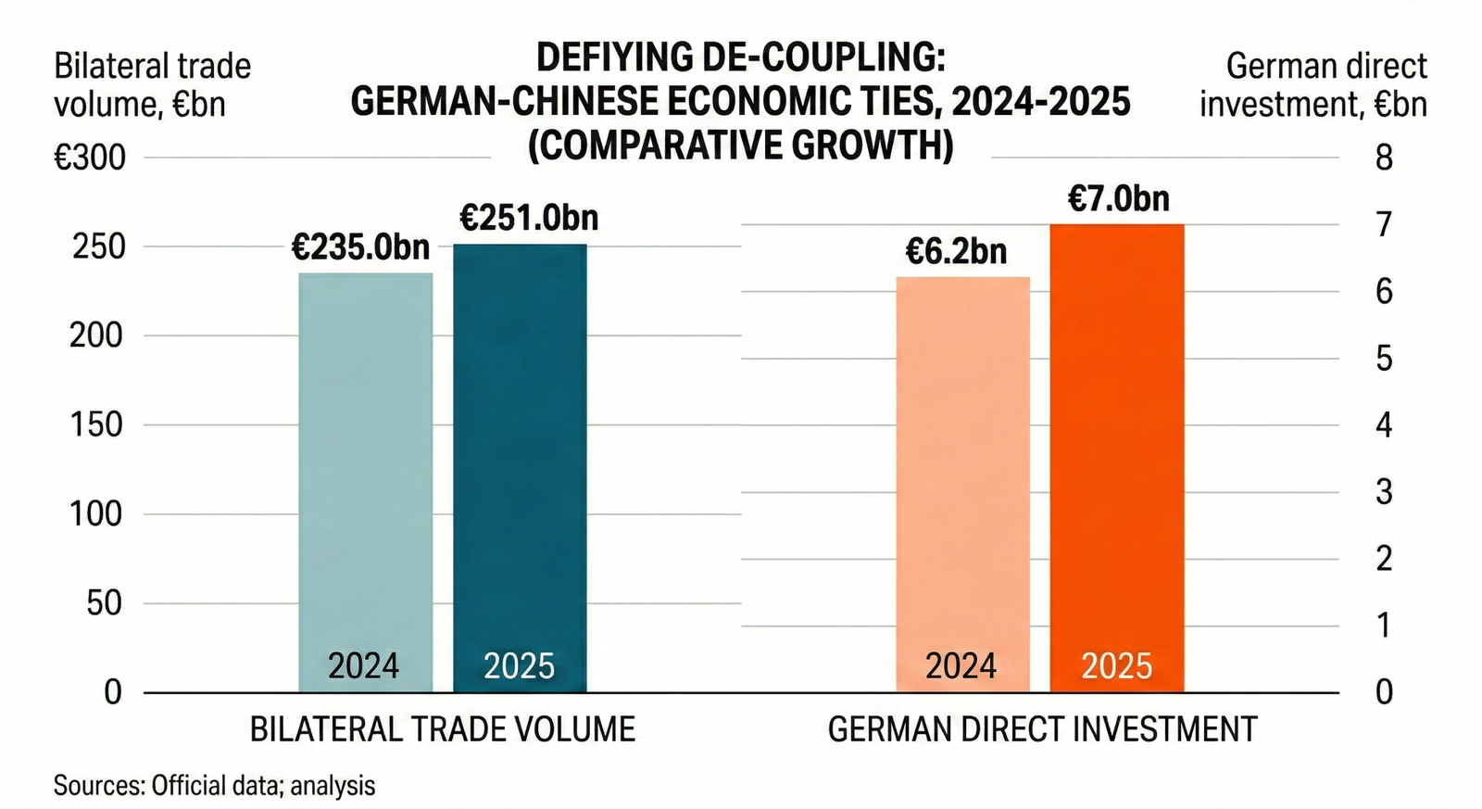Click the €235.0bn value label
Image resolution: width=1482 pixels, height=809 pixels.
[360, 247]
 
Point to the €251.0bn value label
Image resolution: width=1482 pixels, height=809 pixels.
[529, 219]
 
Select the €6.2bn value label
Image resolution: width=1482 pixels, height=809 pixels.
[956, 252]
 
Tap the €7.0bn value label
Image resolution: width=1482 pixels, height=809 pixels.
[1119, 199]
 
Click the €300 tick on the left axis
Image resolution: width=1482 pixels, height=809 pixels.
[90, 158]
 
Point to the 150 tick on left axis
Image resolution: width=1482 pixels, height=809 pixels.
[95, 424]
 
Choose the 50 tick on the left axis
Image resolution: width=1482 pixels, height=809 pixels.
[104, 603]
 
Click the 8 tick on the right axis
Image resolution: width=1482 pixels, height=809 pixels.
[1384, 158]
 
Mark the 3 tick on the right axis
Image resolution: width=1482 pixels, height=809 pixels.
[1384, 492]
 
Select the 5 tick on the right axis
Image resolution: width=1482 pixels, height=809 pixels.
[1384, 359]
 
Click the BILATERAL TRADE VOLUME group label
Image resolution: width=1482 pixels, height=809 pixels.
[443, 729]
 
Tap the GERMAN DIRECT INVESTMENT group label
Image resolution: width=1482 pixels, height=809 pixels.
[1042, 729]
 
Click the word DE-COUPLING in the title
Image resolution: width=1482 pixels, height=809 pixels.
[823, 57]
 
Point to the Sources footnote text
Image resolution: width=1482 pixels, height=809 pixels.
[214, 786]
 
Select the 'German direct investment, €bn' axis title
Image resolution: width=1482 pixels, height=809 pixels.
[1315, 85]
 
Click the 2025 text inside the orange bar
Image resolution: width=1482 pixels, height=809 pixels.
[1117, 666]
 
